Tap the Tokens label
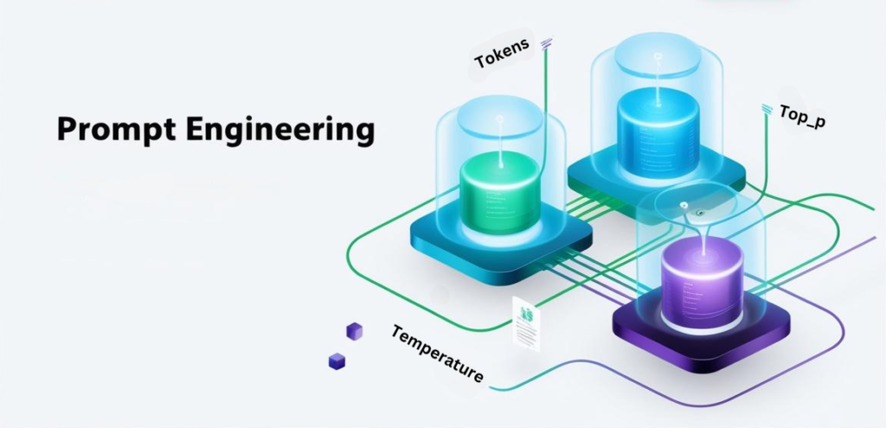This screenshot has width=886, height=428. (503, 53)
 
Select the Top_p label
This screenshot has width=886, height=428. (802, 117)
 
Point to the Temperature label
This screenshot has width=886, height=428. (437, 354)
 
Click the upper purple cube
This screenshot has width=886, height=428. (354, 331)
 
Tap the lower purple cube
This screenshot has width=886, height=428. (337, 361)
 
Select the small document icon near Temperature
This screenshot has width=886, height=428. (525, 323)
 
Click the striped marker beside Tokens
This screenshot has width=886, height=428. (547, 42)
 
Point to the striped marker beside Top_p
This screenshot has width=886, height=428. (767, 109)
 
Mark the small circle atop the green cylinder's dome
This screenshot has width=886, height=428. (499, 119)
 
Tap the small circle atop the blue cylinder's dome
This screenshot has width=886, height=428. (658, 56)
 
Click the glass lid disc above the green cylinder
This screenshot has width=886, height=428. (499, 120)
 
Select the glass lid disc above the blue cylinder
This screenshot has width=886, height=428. (658, 58)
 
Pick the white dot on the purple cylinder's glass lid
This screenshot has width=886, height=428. (684, 205)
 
